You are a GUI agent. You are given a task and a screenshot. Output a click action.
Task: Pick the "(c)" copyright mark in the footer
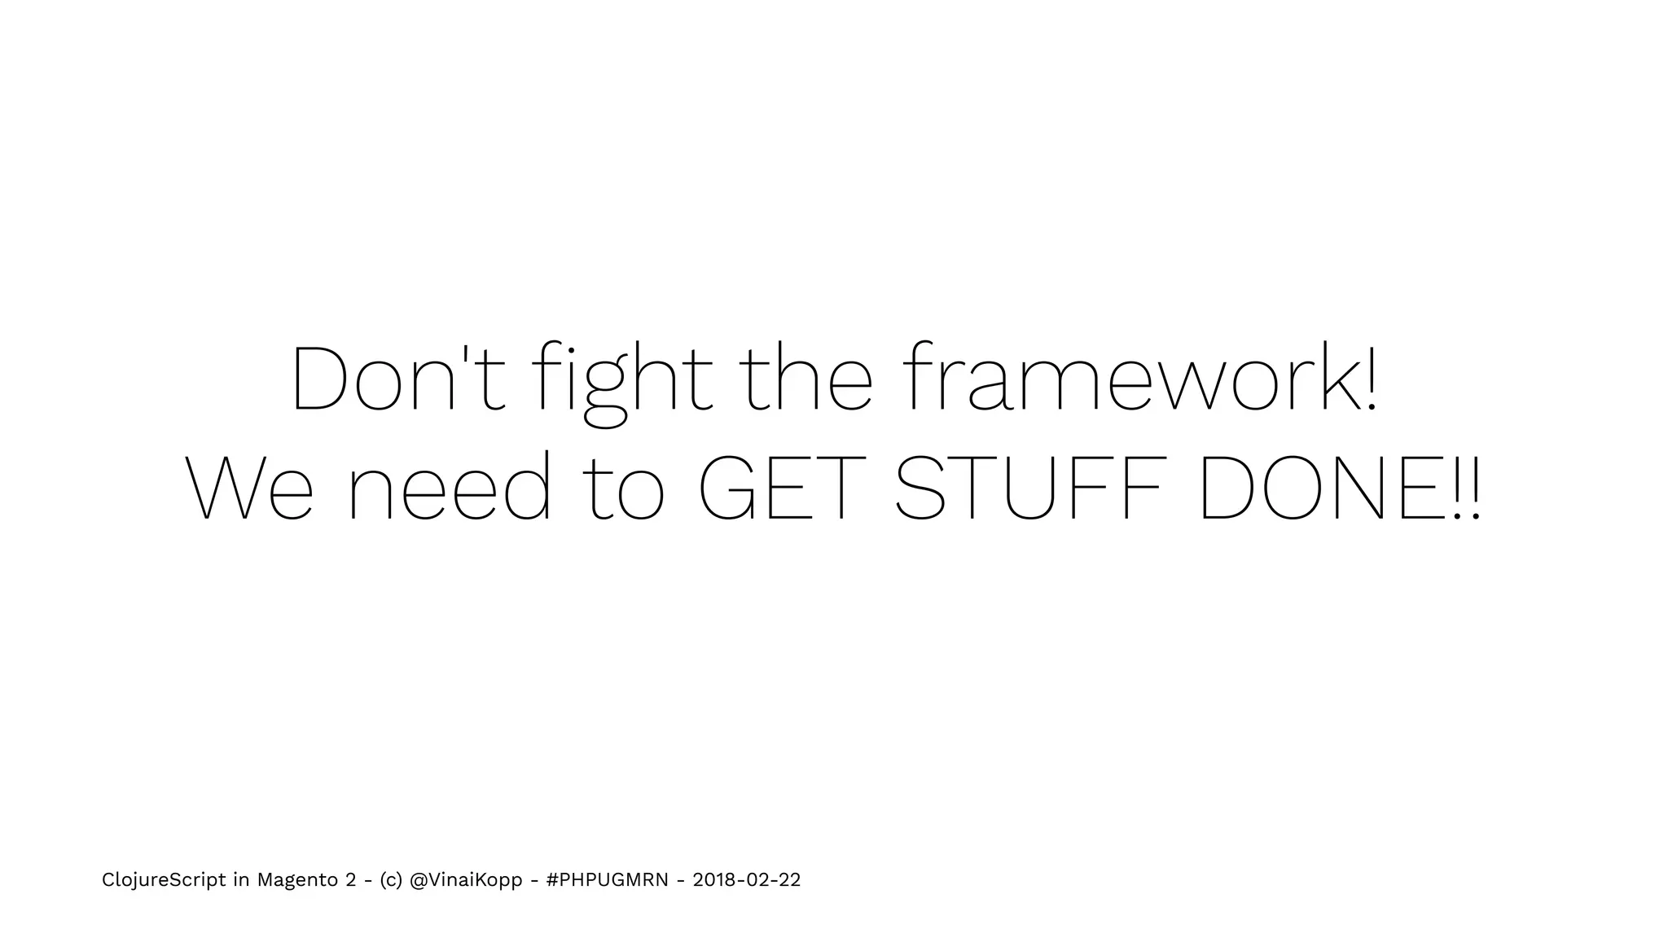[391, 880]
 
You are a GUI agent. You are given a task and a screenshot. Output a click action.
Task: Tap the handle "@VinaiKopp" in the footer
[466, 880]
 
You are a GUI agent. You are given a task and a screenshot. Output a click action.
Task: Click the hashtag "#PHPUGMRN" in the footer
[608, 880]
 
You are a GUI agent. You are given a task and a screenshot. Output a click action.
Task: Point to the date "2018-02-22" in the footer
[746, 880]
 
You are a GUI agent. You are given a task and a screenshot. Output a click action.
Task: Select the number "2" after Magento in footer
[351, 880]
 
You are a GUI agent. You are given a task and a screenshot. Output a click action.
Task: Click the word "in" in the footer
[241, 880]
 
